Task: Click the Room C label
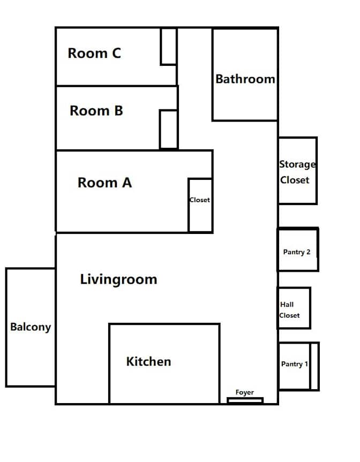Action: [x=94, y=54]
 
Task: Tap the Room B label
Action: [x=96, y=111]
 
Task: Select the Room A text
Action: [x=104, y=183]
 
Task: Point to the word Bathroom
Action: [x=245, y=79]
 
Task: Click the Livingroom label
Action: [x=118, y=279]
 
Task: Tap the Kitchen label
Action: [x=148, y=361]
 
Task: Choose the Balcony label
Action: [x=31, y=327]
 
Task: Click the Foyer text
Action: [x=245, y=392]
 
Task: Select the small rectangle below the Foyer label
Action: [x=245, y=400]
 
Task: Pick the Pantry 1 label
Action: [x=294, y=364]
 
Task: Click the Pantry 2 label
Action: [x=297, y=252]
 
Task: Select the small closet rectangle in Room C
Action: [x=169, y=47]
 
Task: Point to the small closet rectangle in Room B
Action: [x=169, y=129]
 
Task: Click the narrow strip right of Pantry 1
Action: [x=314, y=366]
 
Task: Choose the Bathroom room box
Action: [x=245, y=102]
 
